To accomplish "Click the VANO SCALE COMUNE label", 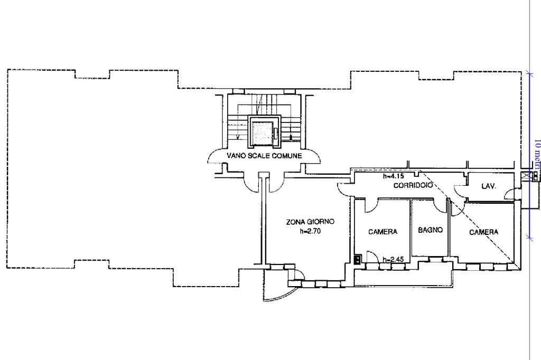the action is (264, 156).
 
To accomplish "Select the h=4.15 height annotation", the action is (393, 177).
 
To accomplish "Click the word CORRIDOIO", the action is (413, 185).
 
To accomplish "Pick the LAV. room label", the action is (488, 186).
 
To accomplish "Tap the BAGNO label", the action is (430, 230).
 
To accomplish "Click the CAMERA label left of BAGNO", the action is (383, 231).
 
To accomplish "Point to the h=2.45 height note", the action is (393, 260).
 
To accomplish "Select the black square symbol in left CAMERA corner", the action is (358, 259).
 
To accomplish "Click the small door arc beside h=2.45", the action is (372, 257).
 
